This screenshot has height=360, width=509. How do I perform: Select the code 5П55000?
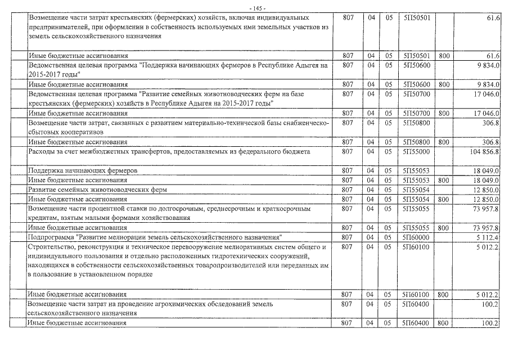tap(417, 152)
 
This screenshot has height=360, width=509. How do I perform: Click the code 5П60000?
tap(417, 238)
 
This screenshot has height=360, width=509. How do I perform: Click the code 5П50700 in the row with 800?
tap(417, 113)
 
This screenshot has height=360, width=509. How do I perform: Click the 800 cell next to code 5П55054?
tap(443, 199)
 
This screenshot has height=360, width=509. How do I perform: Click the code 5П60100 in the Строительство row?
tap(417, 247)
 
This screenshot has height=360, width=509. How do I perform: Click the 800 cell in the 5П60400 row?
tap(443, 323)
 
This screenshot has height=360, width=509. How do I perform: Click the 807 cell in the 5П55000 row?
tap(347, 152)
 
